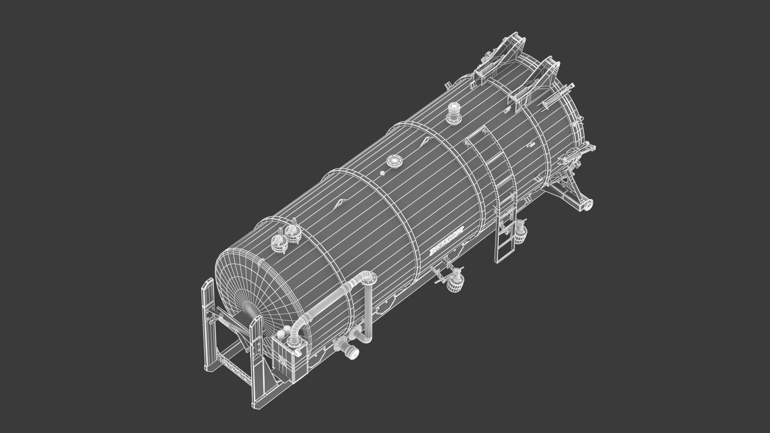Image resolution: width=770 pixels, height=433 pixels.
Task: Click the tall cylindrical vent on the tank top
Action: point(454,112)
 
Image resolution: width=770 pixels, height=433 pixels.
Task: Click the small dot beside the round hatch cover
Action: point(382,173)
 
